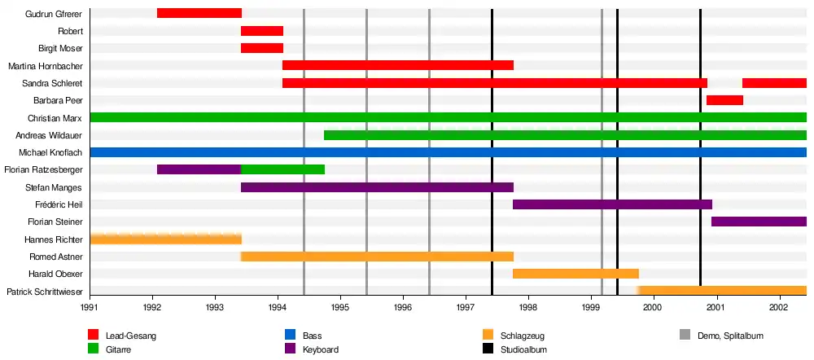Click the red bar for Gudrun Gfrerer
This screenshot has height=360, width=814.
tap(199, 13)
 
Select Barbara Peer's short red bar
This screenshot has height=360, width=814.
tap(724, 100)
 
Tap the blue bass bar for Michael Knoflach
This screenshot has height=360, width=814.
tap(448, 152)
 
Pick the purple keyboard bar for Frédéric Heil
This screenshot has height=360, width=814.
tap(612, 204)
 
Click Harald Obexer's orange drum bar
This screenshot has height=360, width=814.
tap(575, 274)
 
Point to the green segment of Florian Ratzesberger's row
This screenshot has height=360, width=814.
tap(282, 169)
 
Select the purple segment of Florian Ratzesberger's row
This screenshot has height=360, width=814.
tap(199, 169)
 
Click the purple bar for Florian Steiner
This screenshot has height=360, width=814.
tap(759, 222)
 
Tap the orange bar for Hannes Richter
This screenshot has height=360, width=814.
tap(165, 239)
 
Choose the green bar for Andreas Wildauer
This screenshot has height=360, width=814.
tap(565, 135)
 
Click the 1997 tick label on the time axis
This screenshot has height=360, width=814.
tap(466, 308)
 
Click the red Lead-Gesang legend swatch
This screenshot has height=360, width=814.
tap(94, 335)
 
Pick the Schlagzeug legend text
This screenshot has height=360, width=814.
tap(523, 336)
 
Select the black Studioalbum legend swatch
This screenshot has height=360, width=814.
tap(488, 349)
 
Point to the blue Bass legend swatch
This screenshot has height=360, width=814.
tap(290, 335)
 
